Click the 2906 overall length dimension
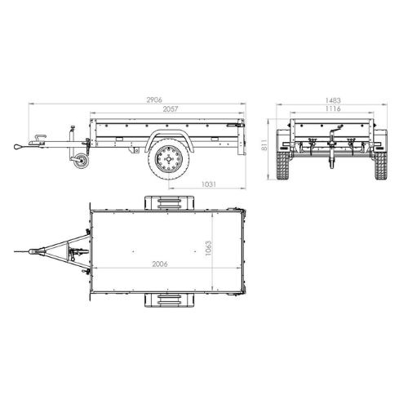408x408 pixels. point(154,100)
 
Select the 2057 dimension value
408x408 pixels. point(171,109)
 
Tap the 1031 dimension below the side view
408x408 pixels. point(209,184)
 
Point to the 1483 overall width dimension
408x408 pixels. point(333,100)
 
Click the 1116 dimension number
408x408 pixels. point(333,109)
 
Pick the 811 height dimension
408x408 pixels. point(264,145)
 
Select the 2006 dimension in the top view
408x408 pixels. point(160,264)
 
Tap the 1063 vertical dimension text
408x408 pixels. point(208,248)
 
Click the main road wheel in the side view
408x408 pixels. point(169,159)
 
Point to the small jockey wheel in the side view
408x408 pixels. point(81,162)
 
